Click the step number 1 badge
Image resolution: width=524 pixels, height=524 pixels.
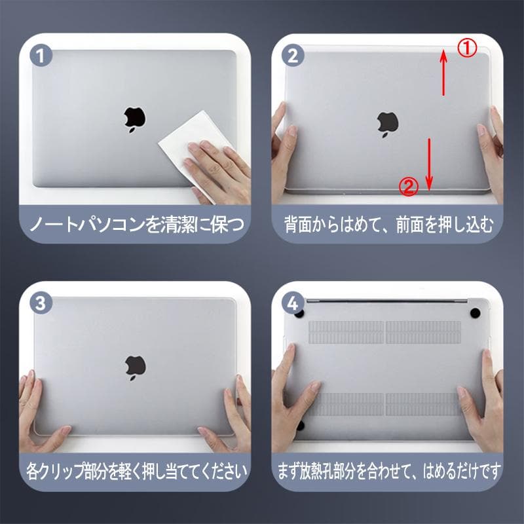tap(41, 55)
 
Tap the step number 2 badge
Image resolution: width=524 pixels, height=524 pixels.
tap(293, 55)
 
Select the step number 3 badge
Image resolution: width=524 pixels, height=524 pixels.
tap(41, 303)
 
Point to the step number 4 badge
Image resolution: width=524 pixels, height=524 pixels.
tap(293, 303)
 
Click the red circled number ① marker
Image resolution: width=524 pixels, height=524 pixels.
tap(467, 47)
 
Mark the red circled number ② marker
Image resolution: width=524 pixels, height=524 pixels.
tap(409, 187)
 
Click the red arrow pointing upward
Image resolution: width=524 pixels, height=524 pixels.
tap(443, 72)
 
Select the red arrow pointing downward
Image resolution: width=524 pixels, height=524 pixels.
tap(429, 164)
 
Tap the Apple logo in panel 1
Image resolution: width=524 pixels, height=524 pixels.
tap(135, 120)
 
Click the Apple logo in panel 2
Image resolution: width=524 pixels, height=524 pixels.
tap(388, 124)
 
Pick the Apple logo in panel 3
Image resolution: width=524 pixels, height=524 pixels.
tap(136, 367)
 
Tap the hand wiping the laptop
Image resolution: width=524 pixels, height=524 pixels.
tap(217, 170)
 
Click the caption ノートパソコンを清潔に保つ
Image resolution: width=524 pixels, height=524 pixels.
tap(137, 224)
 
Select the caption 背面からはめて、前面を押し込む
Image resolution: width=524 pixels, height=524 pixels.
tap(389, 224)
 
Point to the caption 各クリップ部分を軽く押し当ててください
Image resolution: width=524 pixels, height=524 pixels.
tap(137, 472)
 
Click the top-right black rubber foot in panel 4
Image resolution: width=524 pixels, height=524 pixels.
tap(475, 313)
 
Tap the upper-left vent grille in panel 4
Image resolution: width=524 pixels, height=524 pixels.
tap(346, 332)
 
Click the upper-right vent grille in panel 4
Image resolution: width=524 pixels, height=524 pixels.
tap(423, 332)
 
